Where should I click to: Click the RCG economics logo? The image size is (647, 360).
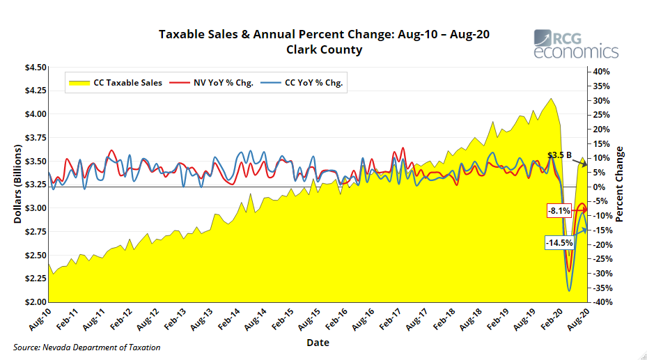point(575,44)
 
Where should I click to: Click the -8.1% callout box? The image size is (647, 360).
point(559,210)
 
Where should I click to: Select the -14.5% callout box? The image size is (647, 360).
point(559,243)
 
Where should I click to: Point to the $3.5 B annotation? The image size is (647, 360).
point(559,155)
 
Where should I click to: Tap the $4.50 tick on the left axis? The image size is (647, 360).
point(36,68)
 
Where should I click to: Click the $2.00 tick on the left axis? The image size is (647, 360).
point(36,302)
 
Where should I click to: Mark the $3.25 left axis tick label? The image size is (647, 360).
point(36,185)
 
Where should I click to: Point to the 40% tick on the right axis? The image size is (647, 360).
point(602,72)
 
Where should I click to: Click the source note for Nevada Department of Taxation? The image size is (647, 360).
point(87,347)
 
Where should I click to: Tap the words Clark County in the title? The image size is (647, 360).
point(324,49)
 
